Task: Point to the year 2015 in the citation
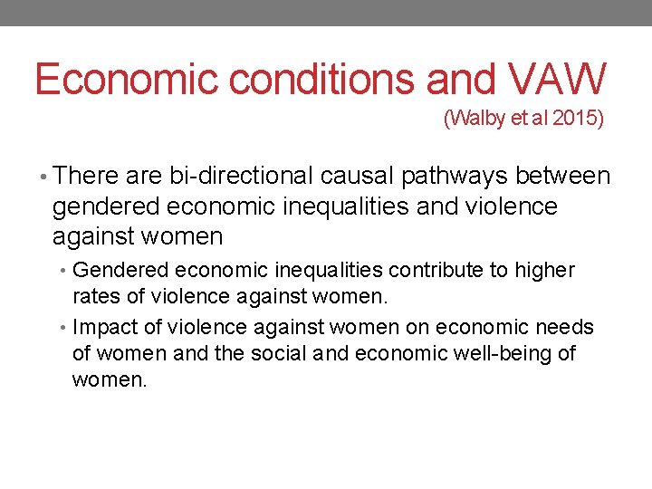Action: coord(572,119)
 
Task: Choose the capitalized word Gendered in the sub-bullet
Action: coord(121,271)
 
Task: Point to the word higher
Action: coord(545,271)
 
